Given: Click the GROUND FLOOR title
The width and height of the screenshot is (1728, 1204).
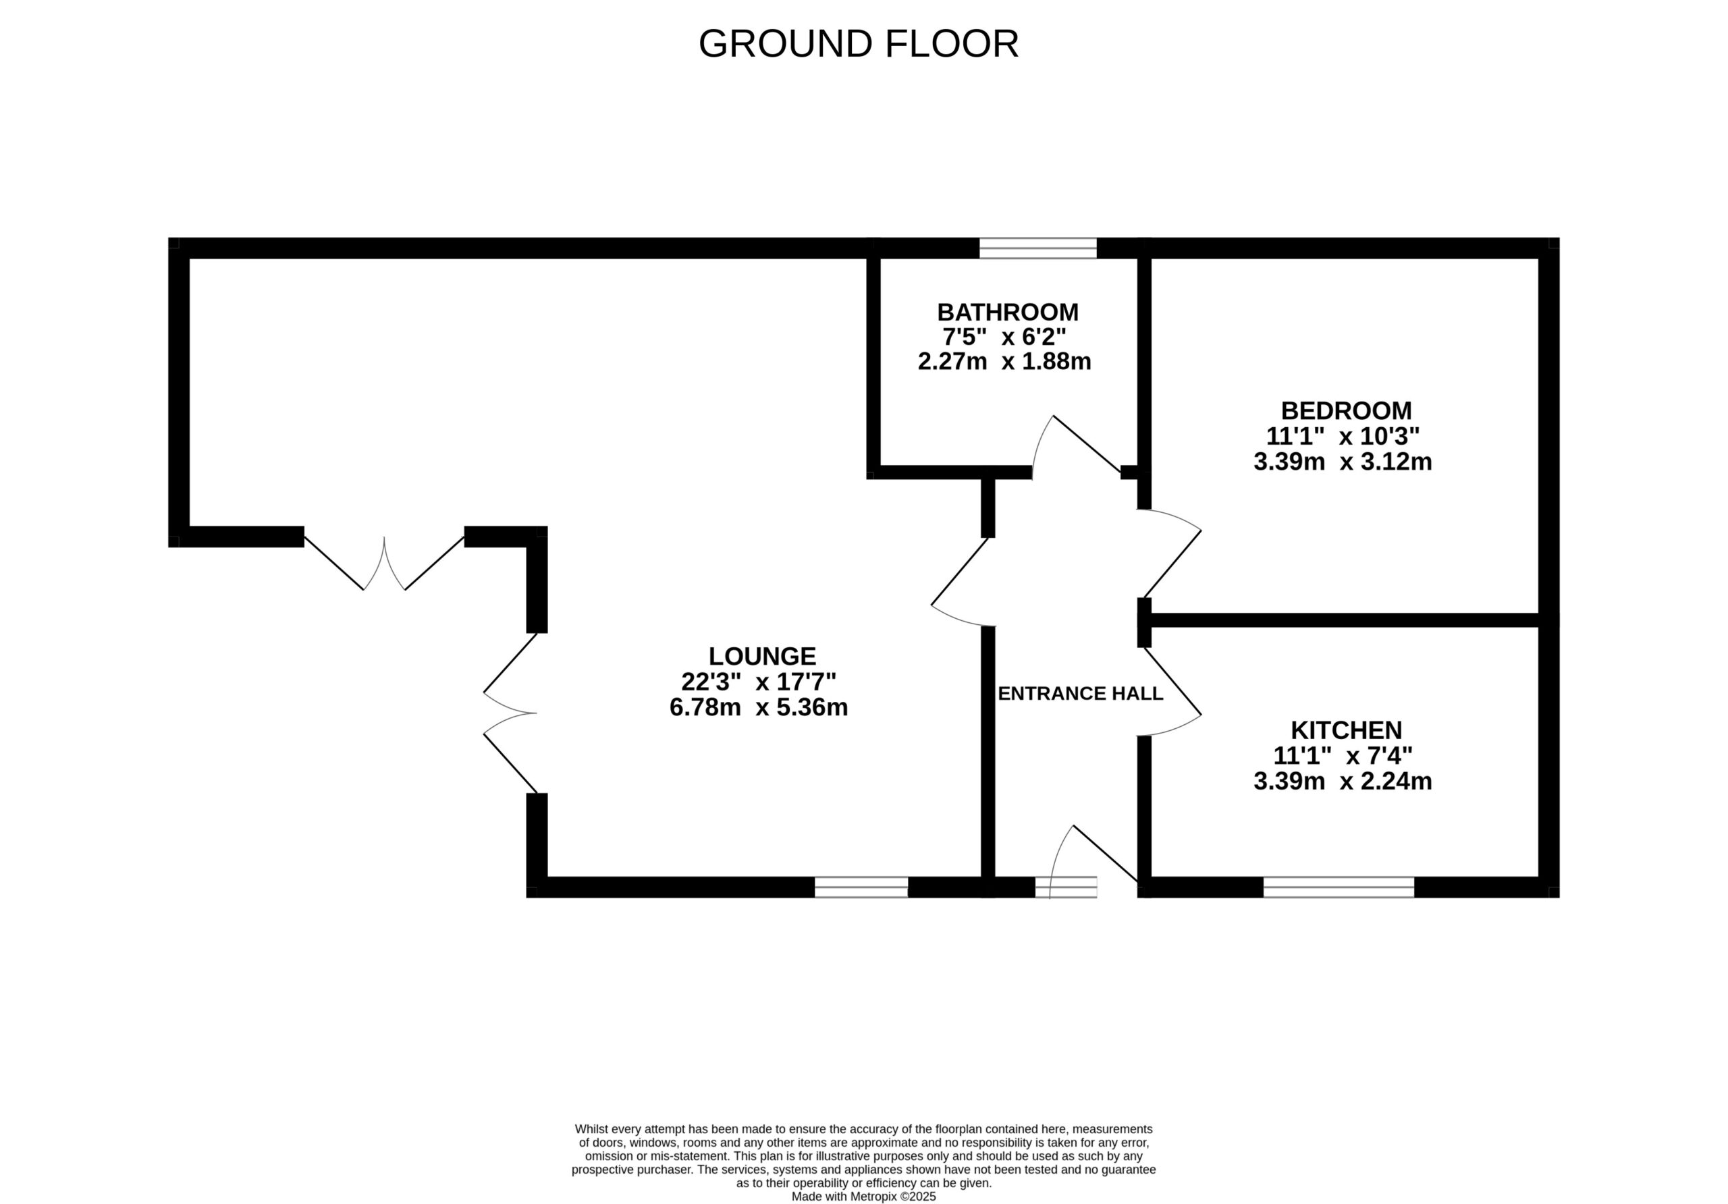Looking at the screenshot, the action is (858, 44).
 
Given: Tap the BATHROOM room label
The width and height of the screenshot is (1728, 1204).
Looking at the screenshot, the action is (1007, 312).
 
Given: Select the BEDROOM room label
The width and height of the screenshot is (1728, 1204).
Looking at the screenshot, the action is (1346, 411).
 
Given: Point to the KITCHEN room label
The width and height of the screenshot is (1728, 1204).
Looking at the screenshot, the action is (1346, 730).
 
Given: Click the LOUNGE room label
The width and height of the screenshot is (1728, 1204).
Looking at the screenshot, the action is (761, 656).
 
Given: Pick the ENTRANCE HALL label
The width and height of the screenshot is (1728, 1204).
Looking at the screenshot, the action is (1080, 694).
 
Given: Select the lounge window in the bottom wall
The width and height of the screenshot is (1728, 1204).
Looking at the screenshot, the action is (861, 887).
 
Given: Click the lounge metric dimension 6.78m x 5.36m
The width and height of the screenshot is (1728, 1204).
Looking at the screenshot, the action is (759, 707).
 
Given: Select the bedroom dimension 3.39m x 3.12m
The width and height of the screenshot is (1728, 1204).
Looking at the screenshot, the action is (1343, 461).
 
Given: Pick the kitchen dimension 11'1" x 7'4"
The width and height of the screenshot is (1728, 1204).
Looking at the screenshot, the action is (1343, 755).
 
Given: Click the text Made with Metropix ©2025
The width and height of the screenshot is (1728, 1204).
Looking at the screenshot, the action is (863, 1196).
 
